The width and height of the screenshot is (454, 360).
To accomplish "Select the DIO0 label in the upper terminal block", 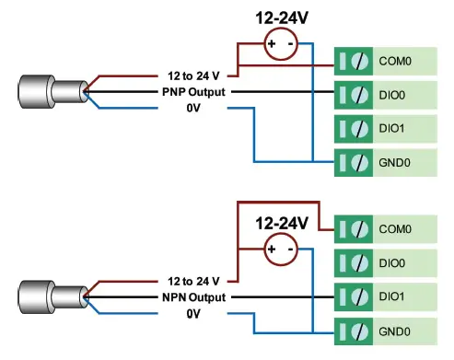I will click(392, 94).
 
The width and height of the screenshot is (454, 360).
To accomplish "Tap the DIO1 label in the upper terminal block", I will click(392, 128).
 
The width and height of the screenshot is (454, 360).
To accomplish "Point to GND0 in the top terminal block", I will click(394, 161).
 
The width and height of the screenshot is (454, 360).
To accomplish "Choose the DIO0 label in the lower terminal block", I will click(392, 263).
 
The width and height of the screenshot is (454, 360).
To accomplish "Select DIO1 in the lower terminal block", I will click(392, 296).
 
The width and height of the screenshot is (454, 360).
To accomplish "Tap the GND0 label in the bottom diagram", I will click(394, 331).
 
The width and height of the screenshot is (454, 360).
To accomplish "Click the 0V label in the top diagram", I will click(192, 109).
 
